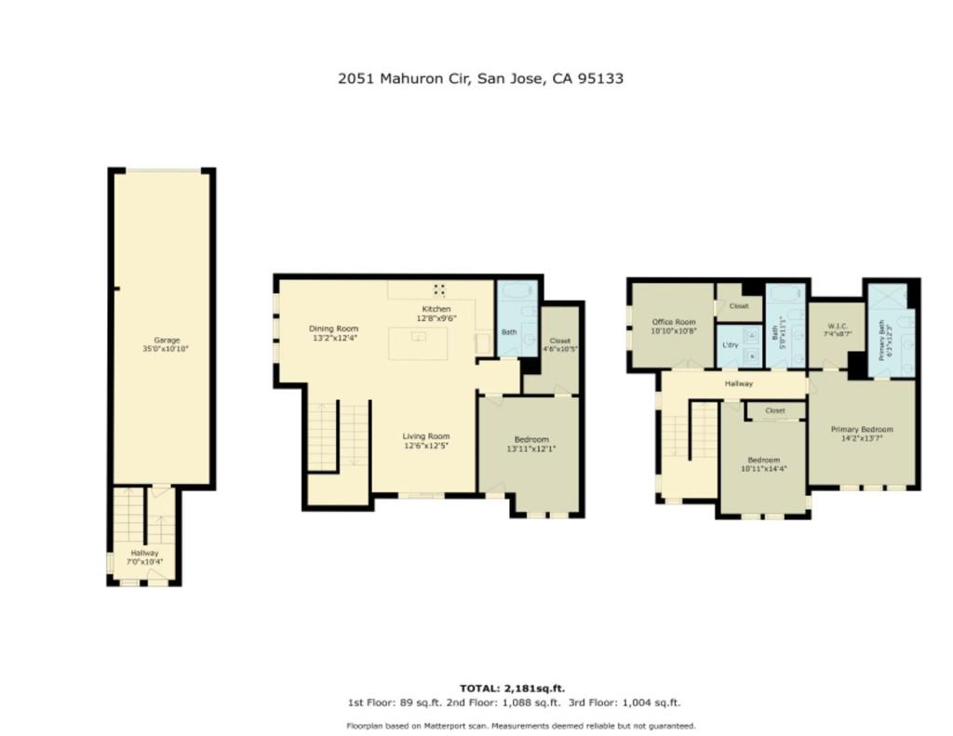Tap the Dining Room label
(x=334, y=333)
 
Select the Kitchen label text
(x=436, y=314)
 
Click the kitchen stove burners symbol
(x=439, y=290)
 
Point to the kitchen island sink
(x=419, y=336)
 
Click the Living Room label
(x=426, y=441)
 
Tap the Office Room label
(x=674, y=327)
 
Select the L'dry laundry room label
(x=730, y=344)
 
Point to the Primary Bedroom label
(x=862, y=434)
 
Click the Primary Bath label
(x=886, y=342)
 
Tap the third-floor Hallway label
(x=738, y=383)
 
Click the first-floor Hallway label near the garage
(x=144, y=557)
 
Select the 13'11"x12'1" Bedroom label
(x=531, y=444)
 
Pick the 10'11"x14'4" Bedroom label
(x=763, y=464)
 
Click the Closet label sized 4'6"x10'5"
(x=559, y=344)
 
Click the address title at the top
(x=480, y=78)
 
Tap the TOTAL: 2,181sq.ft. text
(x=513, y=689)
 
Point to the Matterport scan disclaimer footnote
(x=521, y=726)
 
